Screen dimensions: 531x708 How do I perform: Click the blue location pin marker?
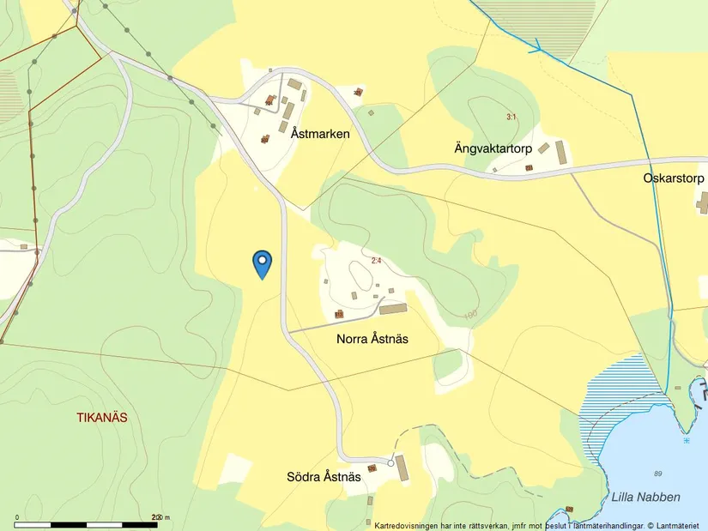click(x=262, y=262)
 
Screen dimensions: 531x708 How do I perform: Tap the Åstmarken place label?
click(x=320, y=134)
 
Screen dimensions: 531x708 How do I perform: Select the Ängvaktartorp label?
click(x=493, y=148)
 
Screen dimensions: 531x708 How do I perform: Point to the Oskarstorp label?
click(x=674, y=178)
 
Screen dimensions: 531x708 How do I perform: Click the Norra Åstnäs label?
click(x=372, y=339)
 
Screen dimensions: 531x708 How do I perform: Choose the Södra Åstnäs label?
click(x=324, y=477)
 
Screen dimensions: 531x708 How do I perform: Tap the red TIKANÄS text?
click(x=102, y=418)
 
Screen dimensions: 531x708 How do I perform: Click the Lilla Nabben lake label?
click(x=645, y=497)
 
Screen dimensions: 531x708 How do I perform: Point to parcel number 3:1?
click(x=511, y=117)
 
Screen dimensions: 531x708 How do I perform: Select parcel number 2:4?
click(x=377, y=261)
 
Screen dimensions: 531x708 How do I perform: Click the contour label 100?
click(x=469, y=315)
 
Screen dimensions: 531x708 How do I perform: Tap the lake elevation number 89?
click(x=658, y=474)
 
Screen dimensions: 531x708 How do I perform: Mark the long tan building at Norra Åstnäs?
click(x=394, y=309)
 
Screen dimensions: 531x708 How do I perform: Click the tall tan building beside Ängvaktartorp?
click(x=561, y=153)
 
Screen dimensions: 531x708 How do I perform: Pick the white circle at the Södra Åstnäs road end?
click(x=391, y=462)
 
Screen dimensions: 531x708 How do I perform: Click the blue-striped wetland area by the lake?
click(x=614, y=395)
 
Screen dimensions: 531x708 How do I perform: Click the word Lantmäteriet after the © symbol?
click(x=680, y=524)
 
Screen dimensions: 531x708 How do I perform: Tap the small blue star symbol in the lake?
click(x=687, y=440)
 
